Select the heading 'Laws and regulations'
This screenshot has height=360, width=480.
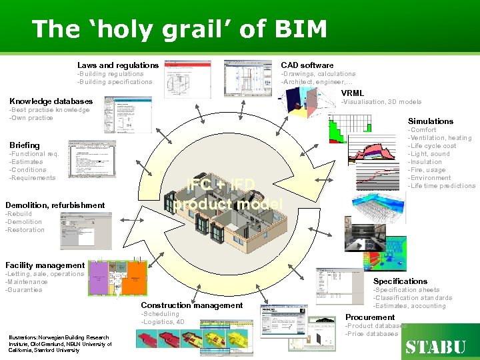(x=118, y=65)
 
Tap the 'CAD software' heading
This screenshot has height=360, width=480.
(x=307, y=65)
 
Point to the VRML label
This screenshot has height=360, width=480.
(x=353, y=93)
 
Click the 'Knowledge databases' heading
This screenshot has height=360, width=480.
(x=51, y=101)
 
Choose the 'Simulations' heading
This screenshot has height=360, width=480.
(x=430, y=121)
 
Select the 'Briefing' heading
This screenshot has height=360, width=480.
(x=25, y=145)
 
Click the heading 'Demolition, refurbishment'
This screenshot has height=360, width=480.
(x=55, y=205)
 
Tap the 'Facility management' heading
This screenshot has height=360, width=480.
(x=45, y=265)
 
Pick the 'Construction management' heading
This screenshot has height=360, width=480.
(x=191, y=305)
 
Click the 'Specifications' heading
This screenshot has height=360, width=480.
(x=400, y=281)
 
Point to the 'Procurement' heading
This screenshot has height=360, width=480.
(x=370, y=317)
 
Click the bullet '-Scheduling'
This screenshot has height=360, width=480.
(x=160, y=314)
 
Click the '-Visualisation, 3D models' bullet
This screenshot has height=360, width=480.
(x=381, y=102)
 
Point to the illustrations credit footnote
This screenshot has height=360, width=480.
(x=60, y=343)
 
